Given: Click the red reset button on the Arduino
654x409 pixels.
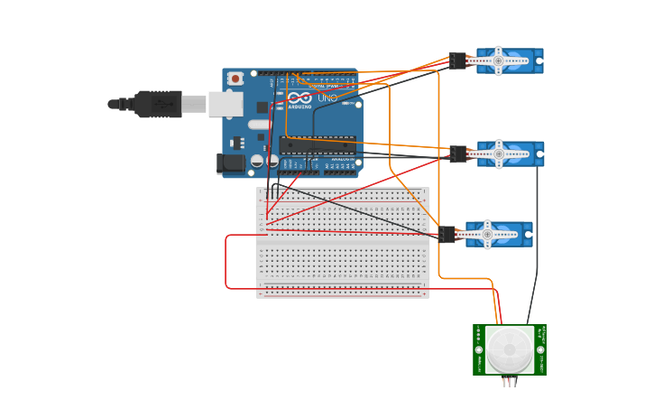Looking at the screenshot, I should pos(235,79).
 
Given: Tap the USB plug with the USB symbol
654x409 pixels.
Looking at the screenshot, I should pos(158,105).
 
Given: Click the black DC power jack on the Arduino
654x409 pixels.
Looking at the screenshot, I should pos(230,163).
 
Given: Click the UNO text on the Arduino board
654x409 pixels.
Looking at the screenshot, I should pos(327,98).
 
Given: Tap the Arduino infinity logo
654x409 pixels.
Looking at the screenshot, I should pos(300,98).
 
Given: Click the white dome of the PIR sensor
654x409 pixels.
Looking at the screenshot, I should pos(510,349).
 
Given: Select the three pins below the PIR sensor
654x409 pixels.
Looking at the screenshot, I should pos(510,382).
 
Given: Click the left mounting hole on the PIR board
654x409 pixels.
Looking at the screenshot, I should pos(479,349).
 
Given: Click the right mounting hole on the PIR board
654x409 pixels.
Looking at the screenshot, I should pos(540,349).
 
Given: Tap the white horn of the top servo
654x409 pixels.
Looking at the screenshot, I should pos(498,61).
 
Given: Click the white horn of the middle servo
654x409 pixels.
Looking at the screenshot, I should pos(499,154).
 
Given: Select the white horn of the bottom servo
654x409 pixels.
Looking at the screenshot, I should pos(487,235).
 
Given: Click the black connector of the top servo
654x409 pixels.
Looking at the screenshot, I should pos(458,61).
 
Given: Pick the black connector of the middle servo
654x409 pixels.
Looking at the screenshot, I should pos(458,154).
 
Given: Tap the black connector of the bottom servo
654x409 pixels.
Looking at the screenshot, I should pos(447,235).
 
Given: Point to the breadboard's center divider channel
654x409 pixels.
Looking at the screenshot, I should pos(343,242).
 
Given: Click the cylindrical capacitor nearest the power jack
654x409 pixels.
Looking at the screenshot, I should pos(258,161).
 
